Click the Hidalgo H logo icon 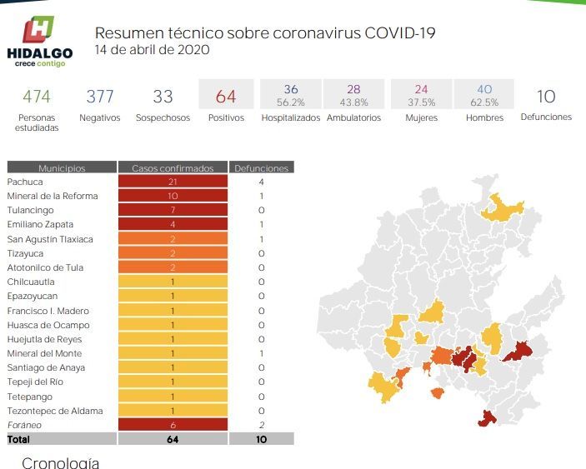pyautogui.click(x=38, y=29)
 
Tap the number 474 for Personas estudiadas pyautogui.click(x=36, y=97)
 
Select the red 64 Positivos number pyautogui.click(x=226, y=97)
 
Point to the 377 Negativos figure pyautogui.click(x=100, y=97)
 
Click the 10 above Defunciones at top pyautogui.click(x=546, y=97)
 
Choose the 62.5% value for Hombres pyautogui.click(x=484, y=102)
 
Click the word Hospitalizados pyautogui.click(x=291, y=117)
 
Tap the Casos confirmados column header pyautogui.click(x=173, y=167)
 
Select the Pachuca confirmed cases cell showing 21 pyautogui.click(x=173, y=182)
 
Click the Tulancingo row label pyautogui.click(x=30, y=210)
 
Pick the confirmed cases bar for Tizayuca pyautogui.click(x=173, y=253)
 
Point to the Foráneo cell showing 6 pyautogui.click(x=173, y=425)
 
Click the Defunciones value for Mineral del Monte pyautogui.click(x=261, y=353)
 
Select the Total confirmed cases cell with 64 pyautogui.click(x=173, y=439)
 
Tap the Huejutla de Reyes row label pyautogui.click(x=44, y=339)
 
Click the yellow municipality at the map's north pyautogui.click(x=501, y=209)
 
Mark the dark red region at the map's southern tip pyautogui.click(x=487, y=418)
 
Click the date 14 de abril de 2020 pyautogui.click(x=152, y=50)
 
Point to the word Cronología pyautogui.click(x=61, y=463)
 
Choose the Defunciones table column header pyautogui.click(x=261, y=167)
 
